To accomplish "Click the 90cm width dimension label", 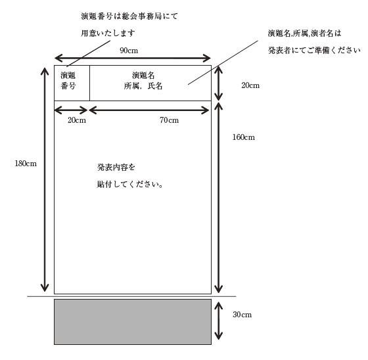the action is pos(129,51).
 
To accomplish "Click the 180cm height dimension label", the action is pos(26,164).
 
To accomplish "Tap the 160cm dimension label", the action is pos(243,137).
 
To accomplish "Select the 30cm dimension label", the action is pos(242,314).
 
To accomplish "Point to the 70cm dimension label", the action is pos(169,120).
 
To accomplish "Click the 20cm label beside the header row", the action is pos(250,85).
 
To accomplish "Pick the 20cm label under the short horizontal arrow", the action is pos(77,120).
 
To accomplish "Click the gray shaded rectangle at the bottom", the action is pos(133,322).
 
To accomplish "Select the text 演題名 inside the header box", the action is pos(143,76).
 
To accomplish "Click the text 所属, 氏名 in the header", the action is pos(143,86).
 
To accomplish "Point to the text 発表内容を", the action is pos(116,167).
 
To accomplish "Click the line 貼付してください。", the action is pos(130,185).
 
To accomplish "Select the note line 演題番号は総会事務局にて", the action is pos(129,16).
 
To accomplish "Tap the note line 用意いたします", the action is pos(108,33).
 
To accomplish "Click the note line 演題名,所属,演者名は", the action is pos(304,34).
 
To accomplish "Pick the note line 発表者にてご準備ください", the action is pos(314,50).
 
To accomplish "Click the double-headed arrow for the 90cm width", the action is pos(133,58).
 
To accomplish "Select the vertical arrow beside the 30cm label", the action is pos(218,321).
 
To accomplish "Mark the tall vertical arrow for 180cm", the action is pos(45,179).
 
